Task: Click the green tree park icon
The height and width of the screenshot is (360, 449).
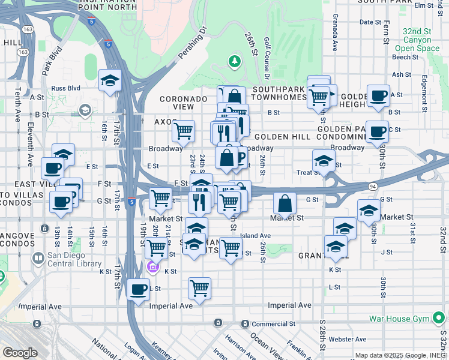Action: [234, 61]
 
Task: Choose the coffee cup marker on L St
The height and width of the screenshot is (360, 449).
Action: [139, 289]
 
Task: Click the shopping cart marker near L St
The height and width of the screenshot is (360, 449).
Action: [199, 287]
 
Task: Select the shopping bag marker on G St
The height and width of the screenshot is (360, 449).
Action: [285, 203]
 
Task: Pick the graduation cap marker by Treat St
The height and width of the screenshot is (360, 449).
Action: [324, 161]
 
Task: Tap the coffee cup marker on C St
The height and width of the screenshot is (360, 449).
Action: [378, 131]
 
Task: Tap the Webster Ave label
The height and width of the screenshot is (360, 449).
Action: [347, 339]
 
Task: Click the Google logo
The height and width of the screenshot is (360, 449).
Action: [20, 353]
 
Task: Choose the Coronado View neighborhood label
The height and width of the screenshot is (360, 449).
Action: [184, 103]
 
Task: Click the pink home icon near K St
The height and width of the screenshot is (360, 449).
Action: [154, 267]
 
